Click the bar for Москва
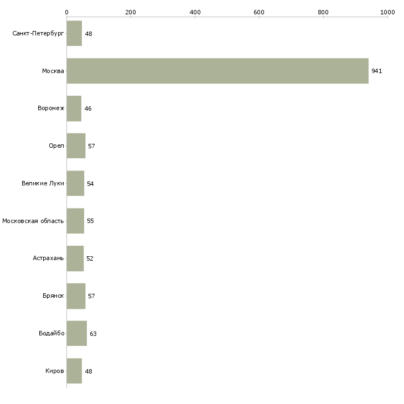217,71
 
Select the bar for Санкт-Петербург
74,33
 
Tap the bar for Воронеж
74,108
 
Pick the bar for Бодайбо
77,333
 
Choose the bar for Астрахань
75,258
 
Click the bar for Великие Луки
75,183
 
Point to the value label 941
377,71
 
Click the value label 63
93,334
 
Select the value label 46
88,108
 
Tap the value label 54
90,184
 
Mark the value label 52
90,258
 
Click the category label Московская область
33,221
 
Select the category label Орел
56,146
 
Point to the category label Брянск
53,296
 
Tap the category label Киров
55,371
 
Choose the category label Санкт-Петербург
38,34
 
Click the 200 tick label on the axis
131,12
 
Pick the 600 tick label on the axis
259,12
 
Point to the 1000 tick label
387,12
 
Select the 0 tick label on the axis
67,12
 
